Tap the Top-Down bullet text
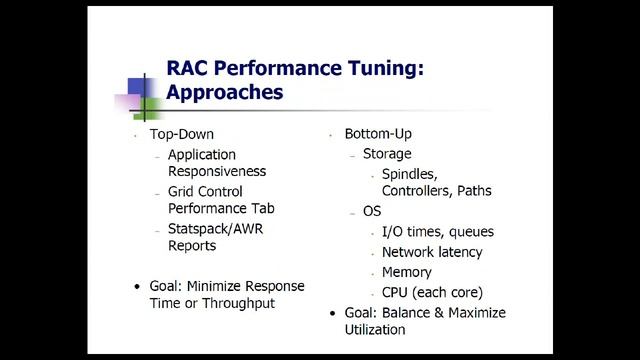pos(182,134)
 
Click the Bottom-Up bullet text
pos(378,134)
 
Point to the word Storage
pos(387,154)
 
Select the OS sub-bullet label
pos(372,211)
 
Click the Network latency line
pos(432,252)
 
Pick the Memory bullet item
pos(407,272)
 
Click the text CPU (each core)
pos(432,292)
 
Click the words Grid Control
pos(206,192)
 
